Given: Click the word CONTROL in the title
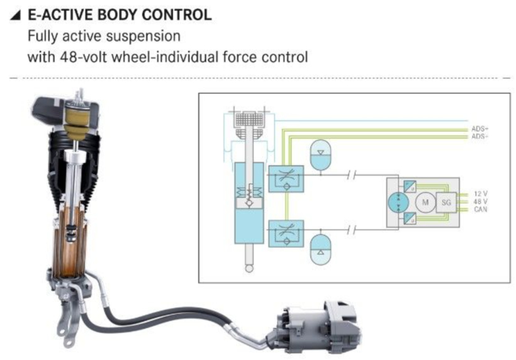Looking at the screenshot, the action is pyautogui.click(x=176, y=15).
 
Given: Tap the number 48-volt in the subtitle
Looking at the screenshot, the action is pyautogui.click(x=84, y=57).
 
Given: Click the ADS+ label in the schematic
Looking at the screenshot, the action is pyautogui.click(x=480, y=129).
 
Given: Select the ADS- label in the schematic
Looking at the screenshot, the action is pyautogui.click(x=480, y=136).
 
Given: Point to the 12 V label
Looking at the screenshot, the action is pyautogui.click(x=481, y=194).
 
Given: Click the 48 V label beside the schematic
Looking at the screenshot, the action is pyautogui.click(x=481, y=201).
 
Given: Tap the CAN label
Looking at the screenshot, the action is pyautogui.click(x=481, y=210).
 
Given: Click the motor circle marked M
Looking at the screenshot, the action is pyautogui.click(x=425, y=203).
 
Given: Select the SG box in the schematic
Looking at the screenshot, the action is pyautogui.click(x=446, y=203).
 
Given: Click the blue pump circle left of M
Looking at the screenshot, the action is pyautogui.click(x=398, y=203).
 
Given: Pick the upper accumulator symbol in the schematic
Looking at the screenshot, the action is pyautogui.click(x=320, y=155).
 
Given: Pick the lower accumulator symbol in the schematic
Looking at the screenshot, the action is pyautogui.click(x=320, y=249).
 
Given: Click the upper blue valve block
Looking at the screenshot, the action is pyautogui.click(x=286, y=179).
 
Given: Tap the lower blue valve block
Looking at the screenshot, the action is pyautogui.click(x=286, y=233).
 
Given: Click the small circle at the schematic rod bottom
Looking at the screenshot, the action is pyautogui.click(x=249, y=269).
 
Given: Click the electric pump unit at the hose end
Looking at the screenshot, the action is pyautogui.click(x=315, y=327).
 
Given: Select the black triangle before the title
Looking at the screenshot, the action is pyautogui.click(x=16, y=15).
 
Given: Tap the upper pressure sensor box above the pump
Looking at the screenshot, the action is pyautogui.click(x=410, y=186).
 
